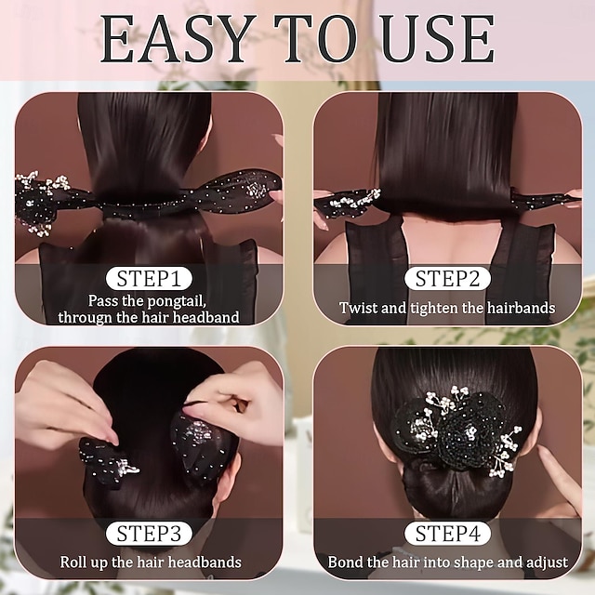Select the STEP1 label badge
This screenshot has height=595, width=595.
[149, 278]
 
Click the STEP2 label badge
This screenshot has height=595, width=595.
[447, 278]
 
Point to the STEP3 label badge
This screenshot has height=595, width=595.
[149, 533]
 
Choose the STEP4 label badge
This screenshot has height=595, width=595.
[447, 533]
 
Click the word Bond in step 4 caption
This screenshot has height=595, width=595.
[347, 562]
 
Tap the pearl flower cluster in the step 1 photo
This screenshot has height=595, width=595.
[39, 200]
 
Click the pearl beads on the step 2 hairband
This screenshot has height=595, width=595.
[353, 199]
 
